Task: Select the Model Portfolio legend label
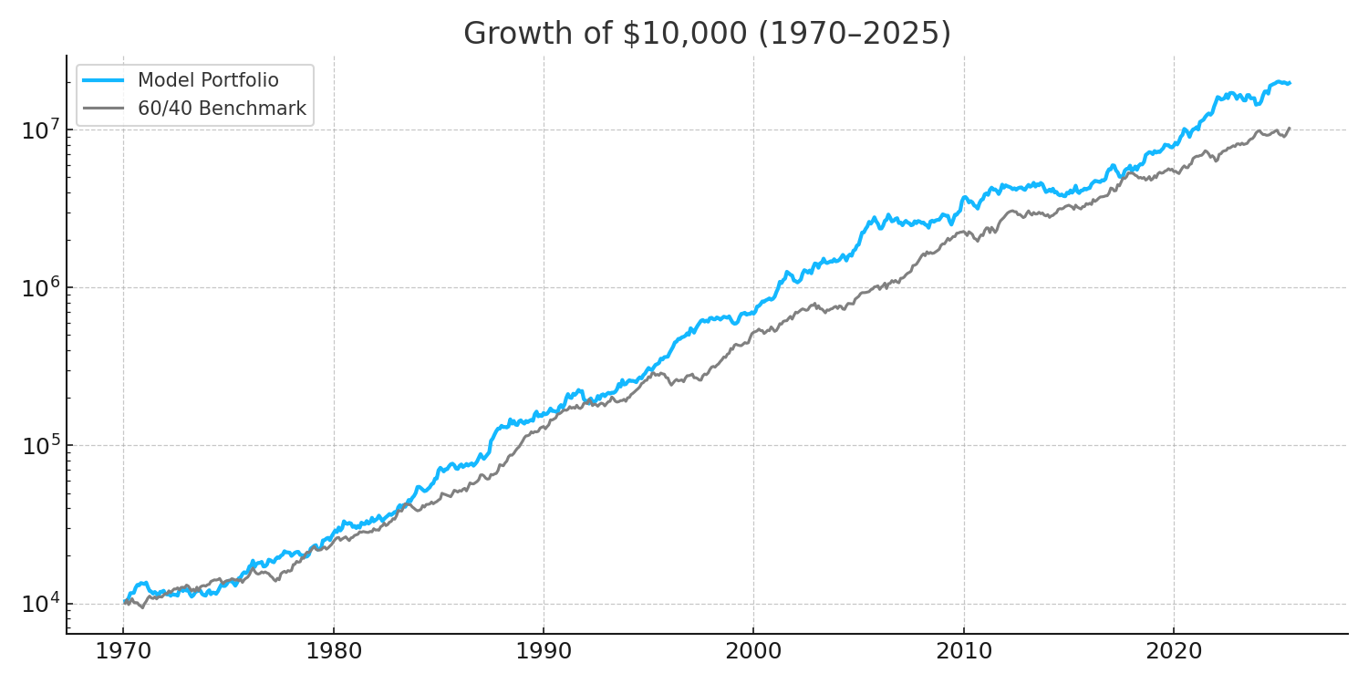tap(208, 80)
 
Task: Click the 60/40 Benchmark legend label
tap(222, 109)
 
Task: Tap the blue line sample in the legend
tap(103, 80)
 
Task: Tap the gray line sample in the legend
tap(103, 109)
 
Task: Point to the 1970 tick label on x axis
tap(123, 653)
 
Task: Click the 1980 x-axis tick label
tap(333, 653)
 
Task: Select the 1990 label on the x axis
tap(544, 653)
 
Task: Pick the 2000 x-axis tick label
tap(753, 653)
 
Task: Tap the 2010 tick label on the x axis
tap(963, 653)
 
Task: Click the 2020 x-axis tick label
tap(1174, 653)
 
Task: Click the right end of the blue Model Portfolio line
tap(1289, 83)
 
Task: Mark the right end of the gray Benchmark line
tap(1289, 128)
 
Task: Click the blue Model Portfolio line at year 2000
tap(753, 311)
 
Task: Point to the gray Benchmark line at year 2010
tap(963, 233)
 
